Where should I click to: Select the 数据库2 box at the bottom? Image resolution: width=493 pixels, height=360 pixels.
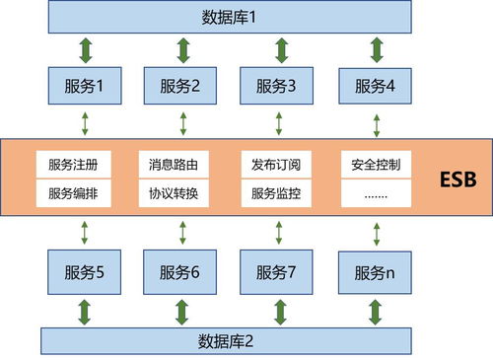point(226,341)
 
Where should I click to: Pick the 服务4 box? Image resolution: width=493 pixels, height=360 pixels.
point(374,86)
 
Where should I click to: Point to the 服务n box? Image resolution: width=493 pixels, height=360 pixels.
point(374,270)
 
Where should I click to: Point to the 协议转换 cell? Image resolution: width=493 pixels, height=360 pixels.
point(174,193)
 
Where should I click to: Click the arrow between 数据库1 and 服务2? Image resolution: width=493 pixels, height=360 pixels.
point(181,49)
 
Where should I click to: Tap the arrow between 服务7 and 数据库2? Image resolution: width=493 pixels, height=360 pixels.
point(278,311)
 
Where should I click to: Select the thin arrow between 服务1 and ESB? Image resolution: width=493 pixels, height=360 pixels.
point(86,122)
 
